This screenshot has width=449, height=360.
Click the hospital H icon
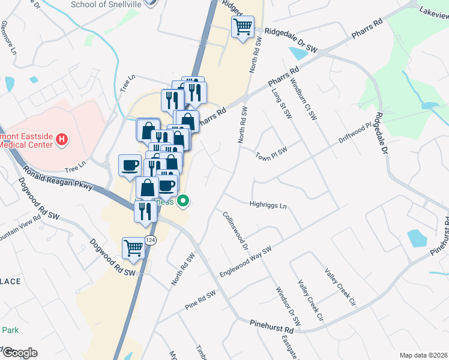(x=61, y=140)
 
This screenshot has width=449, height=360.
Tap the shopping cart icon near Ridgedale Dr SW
(x=243, y=26)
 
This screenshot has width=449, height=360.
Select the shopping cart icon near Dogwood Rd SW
(x=133, y=247)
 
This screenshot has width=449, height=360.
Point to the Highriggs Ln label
(x=268, y=205)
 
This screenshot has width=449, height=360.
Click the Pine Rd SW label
(x=200, y=301)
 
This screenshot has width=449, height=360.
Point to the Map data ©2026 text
(x=423, y=355)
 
